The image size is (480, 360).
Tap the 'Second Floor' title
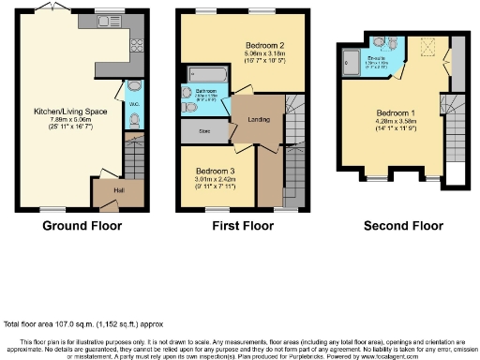coord(402,225)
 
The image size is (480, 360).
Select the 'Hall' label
coord(107,188)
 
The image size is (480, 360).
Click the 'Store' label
coord(203,133)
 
